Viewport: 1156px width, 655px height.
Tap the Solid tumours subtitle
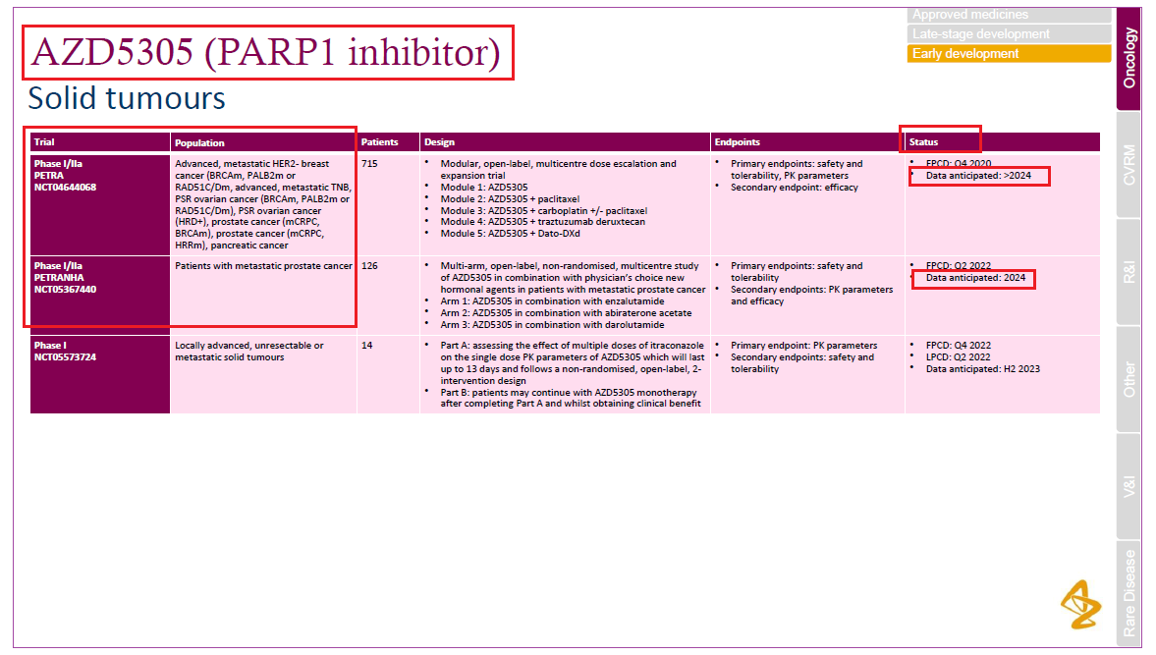[127, 99]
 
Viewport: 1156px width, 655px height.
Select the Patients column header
[380, 142]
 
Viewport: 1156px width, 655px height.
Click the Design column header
[439, 142]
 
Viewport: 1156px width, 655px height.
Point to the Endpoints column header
[737, 142]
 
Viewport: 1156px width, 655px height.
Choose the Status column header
[923, 142]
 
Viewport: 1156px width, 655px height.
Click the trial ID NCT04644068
[65, 188]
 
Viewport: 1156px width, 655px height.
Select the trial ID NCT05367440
[65, 290]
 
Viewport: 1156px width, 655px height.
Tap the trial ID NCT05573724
[65, 357]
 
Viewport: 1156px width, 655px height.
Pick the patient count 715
[369, 164]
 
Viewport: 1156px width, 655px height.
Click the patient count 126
[369, 266]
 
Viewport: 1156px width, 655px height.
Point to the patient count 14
[367, 346]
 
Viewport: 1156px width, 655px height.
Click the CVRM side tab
[1129, 164]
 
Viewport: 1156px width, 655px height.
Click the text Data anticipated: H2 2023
[982, 369]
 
